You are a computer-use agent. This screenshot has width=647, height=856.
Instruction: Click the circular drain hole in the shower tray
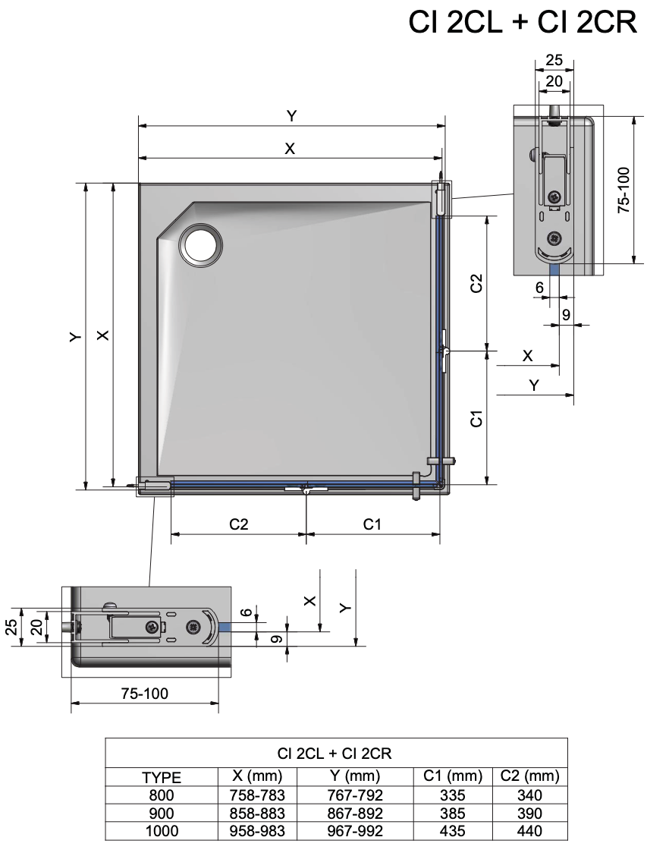pos(200,245)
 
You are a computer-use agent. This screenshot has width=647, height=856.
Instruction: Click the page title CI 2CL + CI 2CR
pos(523,22)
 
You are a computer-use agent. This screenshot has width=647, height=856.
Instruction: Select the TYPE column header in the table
pos(162,777)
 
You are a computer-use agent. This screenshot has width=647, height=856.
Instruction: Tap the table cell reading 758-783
pos(257,795)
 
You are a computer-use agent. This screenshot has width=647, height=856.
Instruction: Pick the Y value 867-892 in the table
pos(355,814)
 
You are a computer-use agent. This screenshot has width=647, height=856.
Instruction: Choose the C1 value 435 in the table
pos(453,831)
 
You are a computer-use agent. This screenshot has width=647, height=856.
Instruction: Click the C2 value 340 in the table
pos(529,795)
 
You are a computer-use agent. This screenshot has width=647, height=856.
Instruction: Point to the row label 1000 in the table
pos(162,831)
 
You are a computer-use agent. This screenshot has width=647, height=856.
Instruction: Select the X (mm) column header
pos(257,776)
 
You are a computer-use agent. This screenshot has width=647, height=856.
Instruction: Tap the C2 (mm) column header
pos(529,776)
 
